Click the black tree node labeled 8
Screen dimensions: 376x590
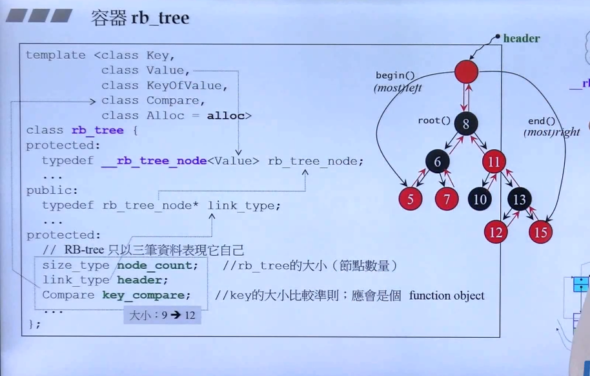pos(465,123)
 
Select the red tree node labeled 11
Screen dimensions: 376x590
pos(494,162)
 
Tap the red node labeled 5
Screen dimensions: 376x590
pos(410,199)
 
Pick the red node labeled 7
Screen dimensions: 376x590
pos(446,199)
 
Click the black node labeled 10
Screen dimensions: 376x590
pos(480,199)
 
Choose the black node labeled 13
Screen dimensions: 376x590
pos(519,199)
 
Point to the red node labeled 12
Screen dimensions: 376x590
pos(496,232)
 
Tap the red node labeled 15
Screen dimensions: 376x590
pos(540,232)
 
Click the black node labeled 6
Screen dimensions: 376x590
pos(437,162)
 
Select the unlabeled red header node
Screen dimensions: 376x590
pos(466,72)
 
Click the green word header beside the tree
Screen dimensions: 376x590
pos(521,39)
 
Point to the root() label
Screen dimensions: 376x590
pos(434,120)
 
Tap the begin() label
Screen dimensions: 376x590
pos(395,76)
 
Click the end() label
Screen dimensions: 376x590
pos(541,121)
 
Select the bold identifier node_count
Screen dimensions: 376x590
pos(154,266)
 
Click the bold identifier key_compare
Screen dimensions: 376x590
pos(147,295)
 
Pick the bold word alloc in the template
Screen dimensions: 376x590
pos(225,116)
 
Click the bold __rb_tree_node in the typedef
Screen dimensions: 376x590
pos(154,161)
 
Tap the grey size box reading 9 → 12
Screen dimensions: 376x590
pos(162,315)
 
